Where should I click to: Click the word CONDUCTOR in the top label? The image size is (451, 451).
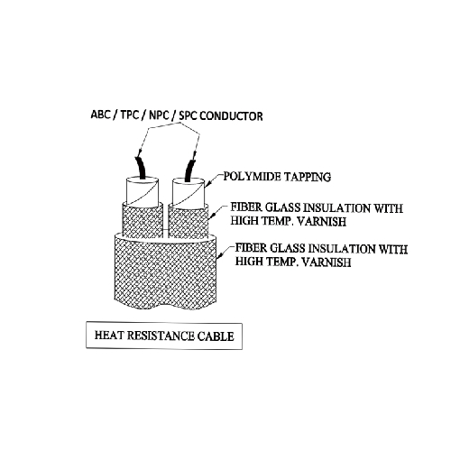(231, 115)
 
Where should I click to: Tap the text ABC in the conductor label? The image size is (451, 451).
(100, 115)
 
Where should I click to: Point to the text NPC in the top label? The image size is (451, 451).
(159, 115)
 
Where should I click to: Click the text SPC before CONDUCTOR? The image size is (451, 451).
(189, 115)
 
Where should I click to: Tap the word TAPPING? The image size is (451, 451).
(308, 177)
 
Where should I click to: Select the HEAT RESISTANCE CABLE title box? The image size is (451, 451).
(164, 336)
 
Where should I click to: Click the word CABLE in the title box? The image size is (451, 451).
(216, 336)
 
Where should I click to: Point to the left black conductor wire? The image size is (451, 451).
(141, 169)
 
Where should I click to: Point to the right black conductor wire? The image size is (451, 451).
(190, 170)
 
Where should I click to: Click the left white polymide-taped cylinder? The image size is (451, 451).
(142, 191)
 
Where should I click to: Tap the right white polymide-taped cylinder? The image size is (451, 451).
(189, 194)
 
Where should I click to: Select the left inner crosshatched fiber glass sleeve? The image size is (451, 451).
(143, 221)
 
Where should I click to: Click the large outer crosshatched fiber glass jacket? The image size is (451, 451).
(166, 272)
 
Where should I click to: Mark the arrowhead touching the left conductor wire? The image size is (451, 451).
(139, 153)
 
